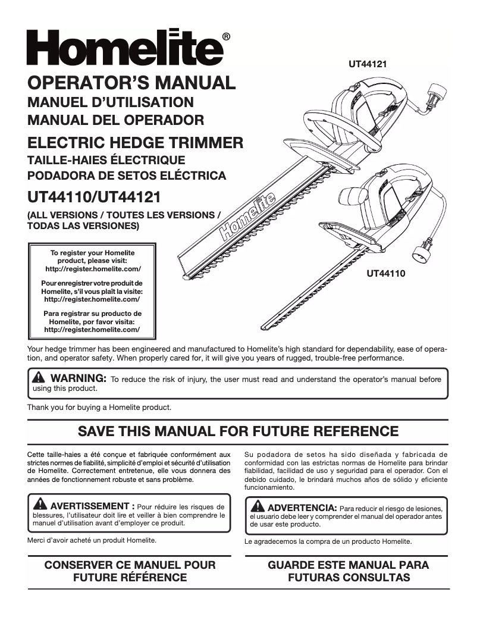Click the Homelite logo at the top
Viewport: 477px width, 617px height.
125,48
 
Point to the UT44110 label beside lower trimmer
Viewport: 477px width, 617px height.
386,274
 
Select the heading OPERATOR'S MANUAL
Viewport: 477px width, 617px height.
131,83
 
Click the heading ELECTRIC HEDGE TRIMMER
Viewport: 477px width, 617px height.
136,142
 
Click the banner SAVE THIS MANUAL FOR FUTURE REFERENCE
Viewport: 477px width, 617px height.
238,431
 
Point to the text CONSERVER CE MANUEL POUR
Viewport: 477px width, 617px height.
130,565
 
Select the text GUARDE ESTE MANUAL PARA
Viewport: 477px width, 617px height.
348,565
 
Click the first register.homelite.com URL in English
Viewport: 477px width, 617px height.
92,269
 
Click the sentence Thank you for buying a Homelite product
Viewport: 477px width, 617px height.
99,408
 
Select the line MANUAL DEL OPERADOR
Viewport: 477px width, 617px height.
116,120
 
